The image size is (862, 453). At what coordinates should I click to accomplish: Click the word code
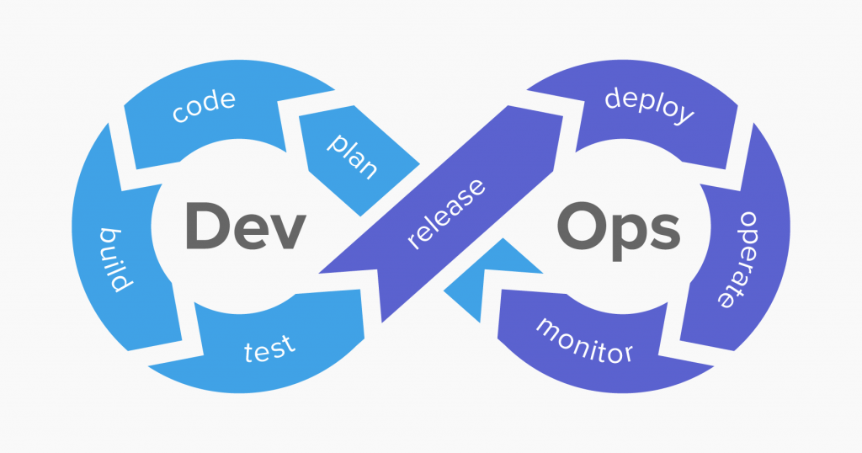pos(204,108)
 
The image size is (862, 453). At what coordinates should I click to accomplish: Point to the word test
pos(269,346)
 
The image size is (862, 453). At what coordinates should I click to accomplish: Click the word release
pos(446,214)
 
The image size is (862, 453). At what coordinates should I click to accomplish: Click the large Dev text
pos(245,226)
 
